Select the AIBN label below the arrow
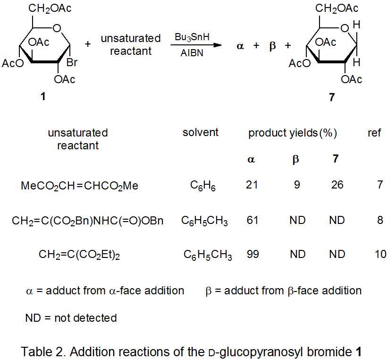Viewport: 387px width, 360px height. pyautogui.click(x=192, y=53)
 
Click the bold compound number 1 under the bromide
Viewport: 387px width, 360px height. pyautogui.click(x=43, y=97)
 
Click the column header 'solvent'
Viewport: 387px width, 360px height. pyautogui.click(x=201, y=133)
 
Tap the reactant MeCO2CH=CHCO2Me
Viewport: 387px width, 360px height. pyautogui.click(x=80, y=186)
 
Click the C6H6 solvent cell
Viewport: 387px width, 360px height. pyautogui.click(x=203, y=186)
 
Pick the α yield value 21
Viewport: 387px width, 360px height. pyautogui.click(x=252, y=185)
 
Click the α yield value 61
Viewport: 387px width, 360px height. pyautogui.click(x=252, y=220)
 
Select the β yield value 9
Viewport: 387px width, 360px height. pyautogui.click(x=296, y=185)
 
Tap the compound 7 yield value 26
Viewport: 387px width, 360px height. pyautogui.click(x=337, y=185)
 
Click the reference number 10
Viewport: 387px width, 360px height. pyautogui.click(x=380, y=255)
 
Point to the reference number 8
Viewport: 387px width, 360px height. pyautogui.click(x=380, y=220)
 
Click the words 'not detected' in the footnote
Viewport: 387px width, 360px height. pyautogui.click(x=85, y=318)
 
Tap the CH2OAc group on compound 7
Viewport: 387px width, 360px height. pyautogui.click(x=337, y=8)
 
